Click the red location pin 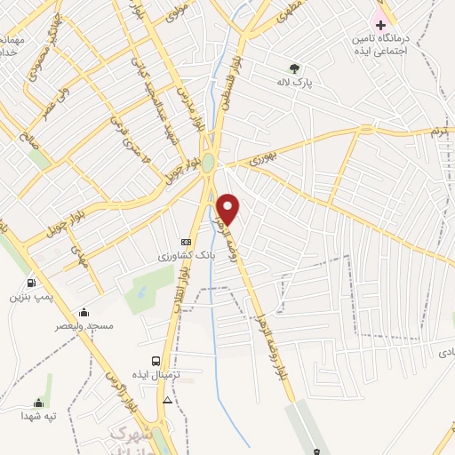(x=228, y=208)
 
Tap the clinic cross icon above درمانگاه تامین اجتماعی (x=380, y=24)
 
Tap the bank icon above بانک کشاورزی (x=185, y=242)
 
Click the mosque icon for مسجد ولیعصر (x=84, y=312)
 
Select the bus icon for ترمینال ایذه (x=156, y=362)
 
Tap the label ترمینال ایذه (x=157, y=377)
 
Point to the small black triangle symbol (x=168, y=401)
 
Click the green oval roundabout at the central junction (x=208, y=164)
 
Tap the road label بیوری (x=263, y=160)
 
